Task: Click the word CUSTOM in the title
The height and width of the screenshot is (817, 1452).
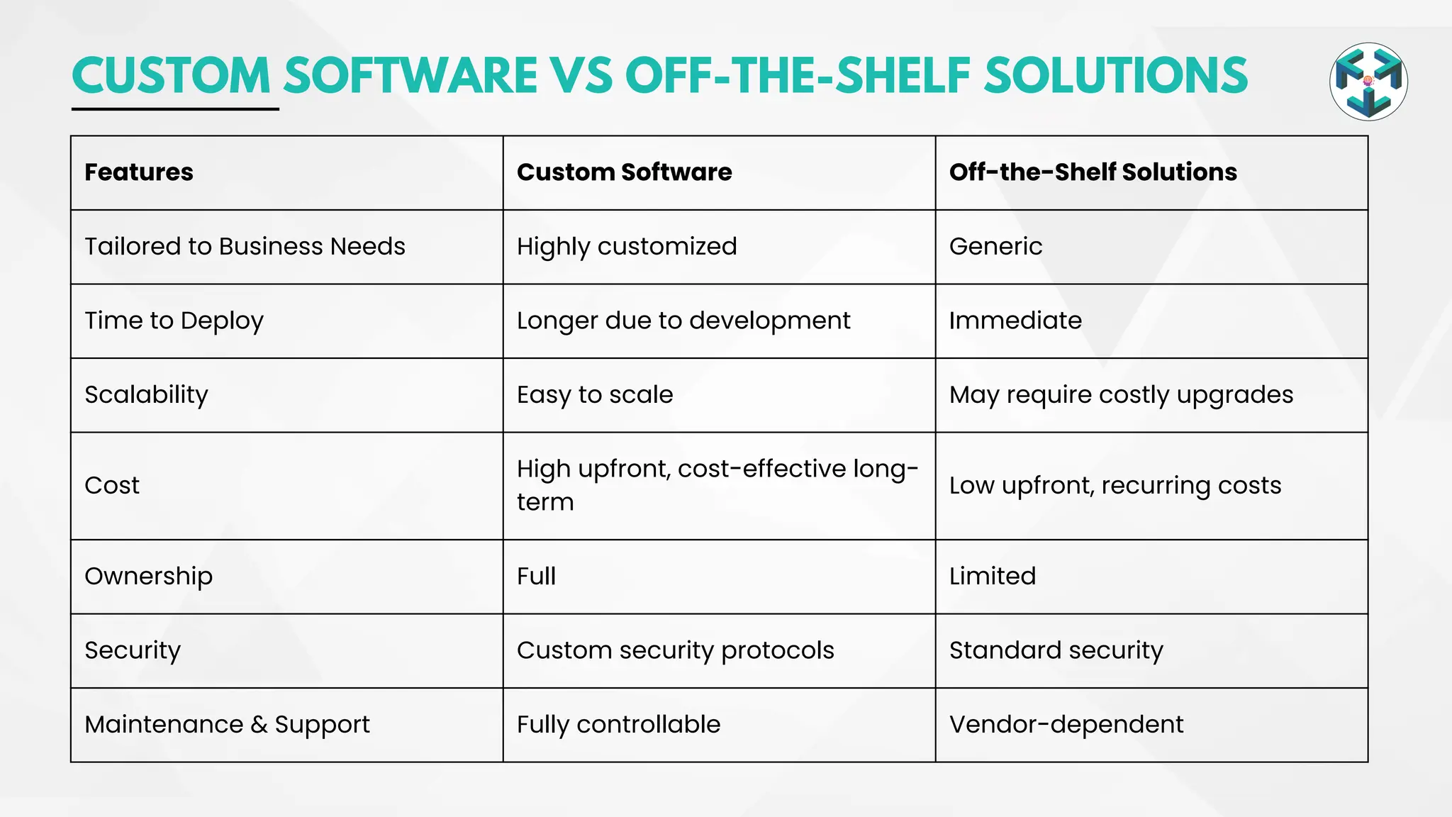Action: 171,76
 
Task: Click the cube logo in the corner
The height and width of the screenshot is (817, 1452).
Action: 1368,82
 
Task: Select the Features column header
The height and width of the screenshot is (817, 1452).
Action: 139,172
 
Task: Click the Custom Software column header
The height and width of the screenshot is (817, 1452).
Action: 624,172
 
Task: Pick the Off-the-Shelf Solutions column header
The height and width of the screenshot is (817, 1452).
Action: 1093,172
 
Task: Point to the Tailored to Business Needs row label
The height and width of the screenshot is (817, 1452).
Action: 245,247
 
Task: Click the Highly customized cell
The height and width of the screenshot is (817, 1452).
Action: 627,247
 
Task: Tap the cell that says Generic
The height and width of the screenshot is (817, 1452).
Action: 995,247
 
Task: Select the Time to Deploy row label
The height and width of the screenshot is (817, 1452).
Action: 174,321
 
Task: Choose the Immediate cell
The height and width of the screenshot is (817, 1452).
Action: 1015,321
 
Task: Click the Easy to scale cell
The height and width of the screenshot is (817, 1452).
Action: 595,395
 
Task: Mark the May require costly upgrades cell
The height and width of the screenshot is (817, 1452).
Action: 1121,395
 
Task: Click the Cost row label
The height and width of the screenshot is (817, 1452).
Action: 112,486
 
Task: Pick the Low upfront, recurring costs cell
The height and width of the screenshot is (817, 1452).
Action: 1115,486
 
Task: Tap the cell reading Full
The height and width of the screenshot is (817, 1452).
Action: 536,577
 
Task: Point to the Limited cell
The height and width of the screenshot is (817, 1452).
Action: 993,577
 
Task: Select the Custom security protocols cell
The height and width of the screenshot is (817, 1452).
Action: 675,650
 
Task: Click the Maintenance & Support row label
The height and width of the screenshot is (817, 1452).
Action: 227,725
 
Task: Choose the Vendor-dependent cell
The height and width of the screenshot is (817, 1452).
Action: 1066,725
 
